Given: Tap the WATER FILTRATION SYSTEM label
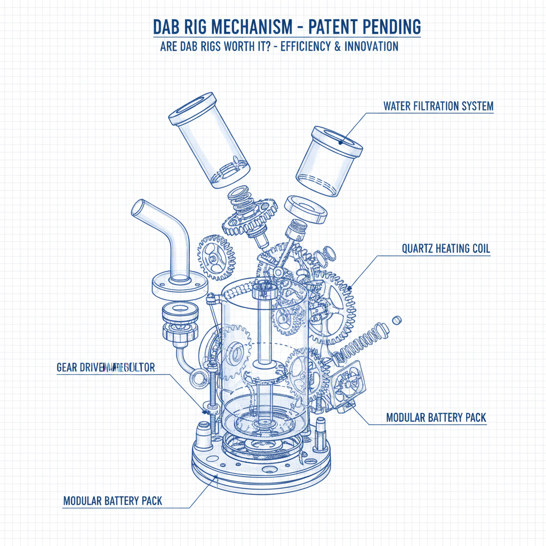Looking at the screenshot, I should click(438, 107).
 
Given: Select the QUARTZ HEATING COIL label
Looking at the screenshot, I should click(445, 249).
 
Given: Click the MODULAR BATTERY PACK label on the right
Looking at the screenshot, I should click(436, 417).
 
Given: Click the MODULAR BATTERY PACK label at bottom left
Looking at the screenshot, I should click(113, 501).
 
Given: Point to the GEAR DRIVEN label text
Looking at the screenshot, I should click(80, 368).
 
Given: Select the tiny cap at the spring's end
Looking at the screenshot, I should click(396, 319).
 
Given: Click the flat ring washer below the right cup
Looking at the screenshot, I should click(306, 208).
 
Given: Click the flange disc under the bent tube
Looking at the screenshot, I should click(179, 286).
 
